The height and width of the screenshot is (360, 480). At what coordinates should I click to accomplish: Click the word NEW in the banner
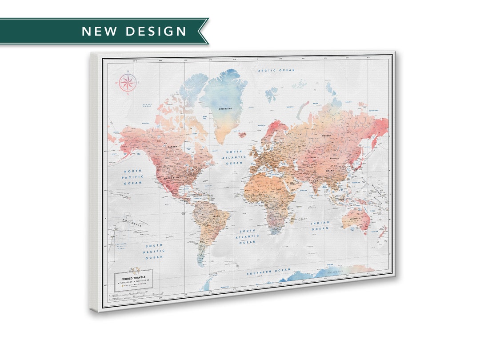click(x=100, y=31)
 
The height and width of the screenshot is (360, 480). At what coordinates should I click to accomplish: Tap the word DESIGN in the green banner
click(x=156, y=31)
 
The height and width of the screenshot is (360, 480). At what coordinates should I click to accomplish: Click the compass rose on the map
click(x=128, y=82)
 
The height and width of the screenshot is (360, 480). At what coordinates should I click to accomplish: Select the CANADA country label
click(x=172, y=147)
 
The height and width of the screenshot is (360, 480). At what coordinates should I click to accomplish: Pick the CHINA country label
click(x=330, y=171)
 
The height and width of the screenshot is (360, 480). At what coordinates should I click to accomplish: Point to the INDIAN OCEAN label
click(x=320, y=225)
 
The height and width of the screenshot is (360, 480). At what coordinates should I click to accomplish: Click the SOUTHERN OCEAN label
click(x=269, y=271)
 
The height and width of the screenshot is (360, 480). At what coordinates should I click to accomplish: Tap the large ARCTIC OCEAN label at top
click(x=277, y=70)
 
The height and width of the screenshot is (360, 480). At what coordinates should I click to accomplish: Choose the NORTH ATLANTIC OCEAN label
click(x=234, y=157)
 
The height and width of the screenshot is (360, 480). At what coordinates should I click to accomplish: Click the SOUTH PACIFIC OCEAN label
click(x=154, y=251)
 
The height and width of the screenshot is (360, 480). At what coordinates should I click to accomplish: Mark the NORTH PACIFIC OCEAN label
click(x=133, y=177)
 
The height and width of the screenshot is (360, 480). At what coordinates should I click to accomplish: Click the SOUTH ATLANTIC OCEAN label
click(x=248, y=237)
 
